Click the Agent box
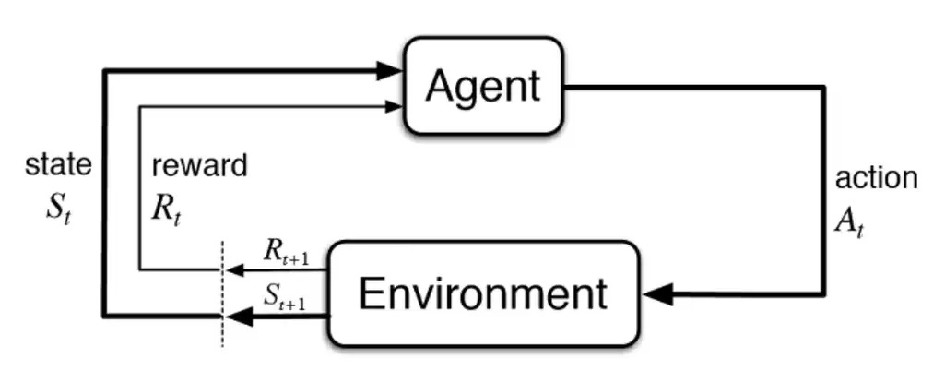(482, 86)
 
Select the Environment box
(483, 294)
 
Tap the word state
(58, 165)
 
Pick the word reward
(199, 166)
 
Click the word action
(876, 177)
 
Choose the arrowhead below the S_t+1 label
(238, 317)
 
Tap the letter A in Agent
(440, 87)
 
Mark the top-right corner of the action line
(823, 88)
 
